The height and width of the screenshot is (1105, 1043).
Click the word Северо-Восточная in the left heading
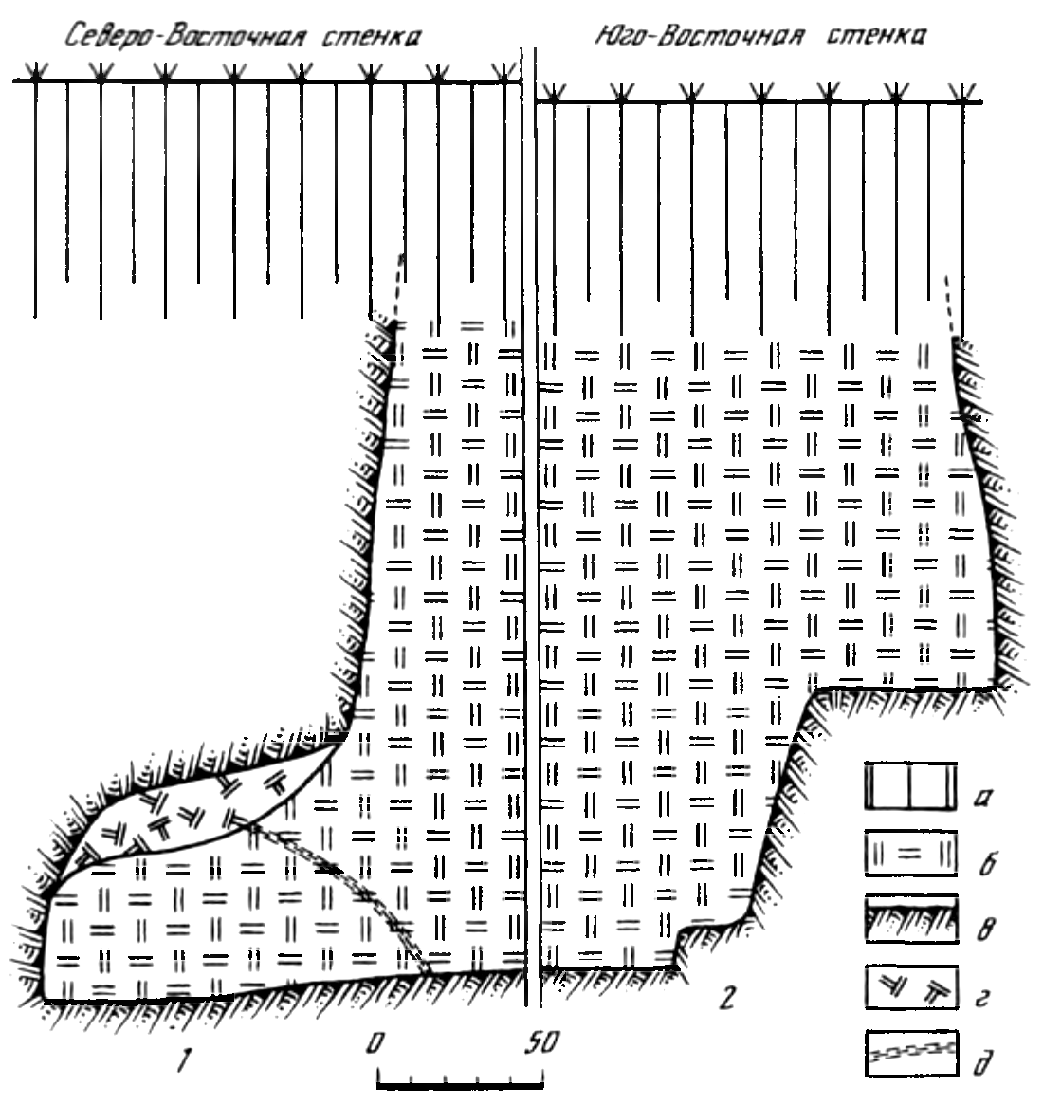coord(186,34)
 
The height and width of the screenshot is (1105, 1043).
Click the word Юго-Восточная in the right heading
coord(699,34)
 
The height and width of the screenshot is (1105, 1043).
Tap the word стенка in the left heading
coord(372,37)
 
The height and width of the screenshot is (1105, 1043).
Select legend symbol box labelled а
coord(910,785)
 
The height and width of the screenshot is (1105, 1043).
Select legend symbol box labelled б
coord(910,853)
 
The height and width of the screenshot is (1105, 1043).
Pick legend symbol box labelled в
coord(910,919)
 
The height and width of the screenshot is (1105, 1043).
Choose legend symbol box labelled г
coord(910,986)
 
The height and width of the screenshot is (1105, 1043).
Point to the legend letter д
coord(981,1062)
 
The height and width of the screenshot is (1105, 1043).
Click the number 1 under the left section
coord(185,1059)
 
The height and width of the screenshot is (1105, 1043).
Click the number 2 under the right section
coord(727,997)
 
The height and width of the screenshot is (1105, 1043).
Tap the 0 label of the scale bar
coord(375,1042)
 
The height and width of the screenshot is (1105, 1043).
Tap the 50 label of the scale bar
coord(541,1042)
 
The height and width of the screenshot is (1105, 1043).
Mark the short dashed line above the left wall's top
coord(398,289)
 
